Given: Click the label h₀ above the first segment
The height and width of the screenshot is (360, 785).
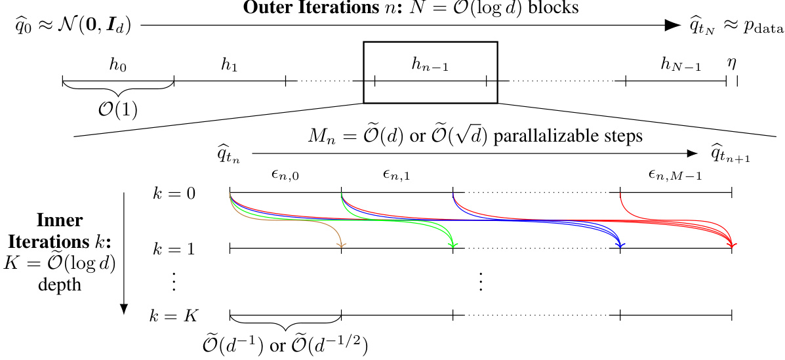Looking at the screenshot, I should pos(118,66).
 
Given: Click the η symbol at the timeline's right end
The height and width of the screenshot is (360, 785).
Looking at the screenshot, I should pos(731,64).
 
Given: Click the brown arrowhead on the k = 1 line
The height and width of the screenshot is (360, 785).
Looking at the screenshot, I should pos(341,245).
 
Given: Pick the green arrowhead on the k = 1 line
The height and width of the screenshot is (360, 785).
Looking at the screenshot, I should pos(453,245).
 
